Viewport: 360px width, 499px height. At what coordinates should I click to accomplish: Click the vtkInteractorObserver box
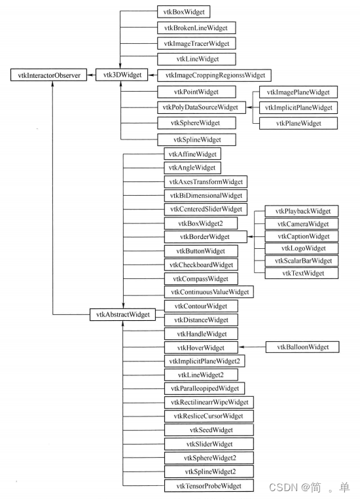point(45,76)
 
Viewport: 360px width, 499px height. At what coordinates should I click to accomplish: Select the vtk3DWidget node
point(118,76)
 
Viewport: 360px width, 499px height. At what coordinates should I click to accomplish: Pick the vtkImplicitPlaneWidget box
point(298,107)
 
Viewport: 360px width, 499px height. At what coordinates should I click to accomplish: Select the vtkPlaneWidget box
point(298,122)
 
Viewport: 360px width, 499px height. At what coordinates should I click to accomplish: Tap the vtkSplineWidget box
point(196,139)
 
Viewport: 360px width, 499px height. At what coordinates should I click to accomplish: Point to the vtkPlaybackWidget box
point(302,211)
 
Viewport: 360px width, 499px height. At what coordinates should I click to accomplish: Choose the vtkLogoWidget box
point(302,248)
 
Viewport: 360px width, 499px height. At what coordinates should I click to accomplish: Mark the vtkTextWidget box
point(302,273)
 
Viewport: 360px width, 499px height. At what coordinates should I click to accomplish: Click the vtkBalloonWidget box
point(302,346)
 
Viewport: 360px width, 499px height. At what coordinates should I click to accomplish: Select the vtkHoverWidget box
point(200,347)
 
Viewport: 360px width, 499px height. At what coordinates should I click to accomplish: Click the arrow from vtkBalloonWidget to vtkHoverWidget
point(252,347)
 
